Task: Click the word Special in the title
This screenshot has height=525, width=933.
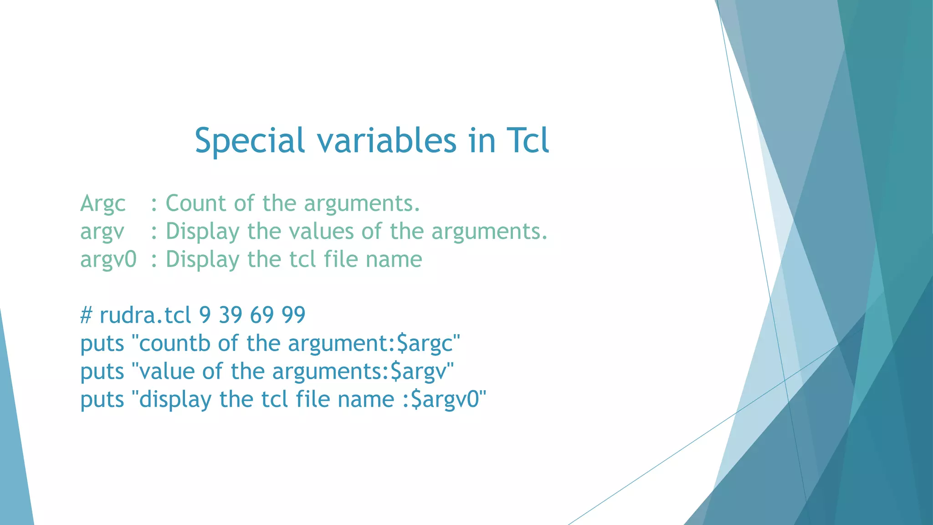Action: [x=249, y=140]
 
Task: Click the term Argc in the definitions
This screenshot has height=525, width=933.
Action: [x=103, y=204]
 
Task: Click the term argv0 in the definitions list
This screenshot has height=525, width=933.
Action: [x=108, y=260]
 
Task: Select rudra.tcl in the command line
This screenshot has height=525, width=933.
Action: [x=145, y=315]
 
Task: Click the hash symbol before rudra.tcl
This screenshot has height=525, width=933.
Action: [x=87, y=315]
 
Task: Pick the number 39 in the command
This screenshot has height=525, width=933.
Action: [x=231, y=315]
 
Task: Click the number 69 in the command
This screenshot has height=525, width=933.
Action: [x=262, y=315]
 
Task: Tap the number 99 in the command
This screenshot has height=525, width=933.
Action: [x=293, y=315]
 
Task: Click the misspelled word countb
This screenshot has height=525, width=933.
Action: [x=174, y=344]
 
